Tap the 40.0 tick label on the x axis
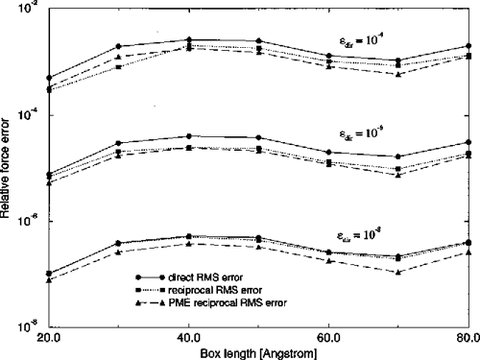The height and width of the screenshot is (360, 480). click(x=189, y=338)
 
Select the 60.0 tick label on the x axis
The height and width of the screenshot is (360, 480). click(x=329, y=338)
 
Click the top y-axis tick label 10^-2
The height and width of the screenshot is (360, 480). click(x=26, y=9)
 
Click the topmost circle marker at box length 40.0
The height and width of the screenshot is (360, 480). click(x=189, y=39)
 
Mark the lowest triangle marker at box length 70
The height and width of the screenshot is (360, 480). click(x=398, y=273)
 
